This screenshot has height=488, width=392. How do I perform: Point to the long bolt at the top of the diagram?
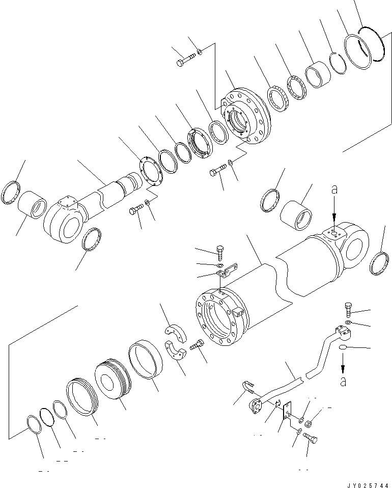[186, 62]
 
